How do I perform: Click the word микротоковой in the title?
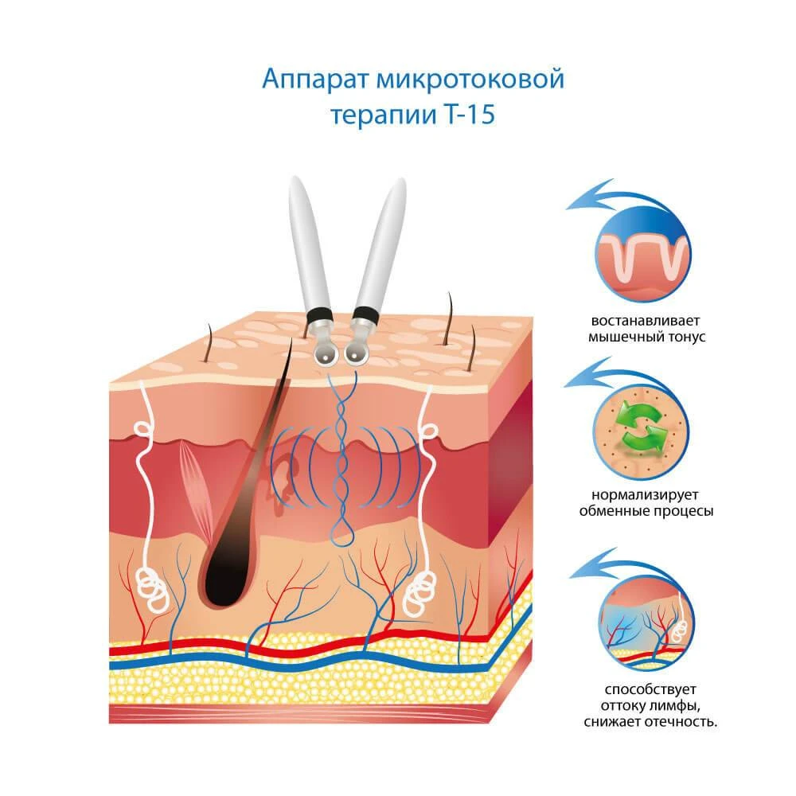tap(470, 80)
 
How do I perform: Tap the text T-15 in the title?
tap(470, 115)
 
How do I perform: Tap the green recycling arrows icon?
tap(641, 427)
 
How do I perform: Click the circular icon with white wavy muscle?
tap(642, 253)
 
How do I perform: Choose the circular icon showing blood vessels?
tap(646, 622)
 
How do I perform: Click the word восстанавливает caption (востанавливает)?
tap(646, 321)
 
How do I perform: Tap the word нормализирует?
tap(645, 495)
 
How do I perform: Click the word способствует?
tap(650, 689)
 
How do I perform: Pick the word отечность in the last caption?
tap(682, 722)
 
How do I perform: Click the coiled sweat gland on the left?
tap(152, 589)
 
